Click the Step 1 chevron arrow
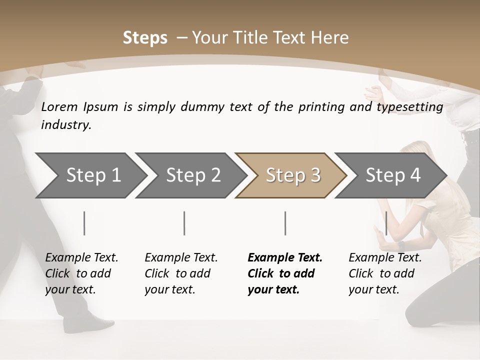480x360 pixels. (93, 175)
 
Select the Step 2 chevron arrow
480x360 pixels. (193, 175)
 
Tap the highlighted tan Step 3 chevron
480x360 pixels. (293, 175)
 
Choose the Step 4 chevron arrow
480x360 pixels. (393, 175)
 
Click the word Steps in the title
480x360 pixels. (145, 38)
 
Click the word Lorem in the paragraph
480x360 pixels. (60, 106)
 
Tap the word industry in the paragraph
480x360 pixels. (66, 125)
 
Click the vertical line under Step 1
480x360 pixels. (84, 223)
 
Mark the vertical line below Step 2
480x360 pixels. (184, 223)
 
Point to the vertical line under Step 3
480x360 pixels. (285, 223)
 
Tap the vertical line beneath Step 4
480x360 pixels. (386, 223)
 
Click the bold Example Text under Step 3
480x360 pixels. (285, 258)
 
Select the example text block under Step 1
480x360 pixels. (81, 273)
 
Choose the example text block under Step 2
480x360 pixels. (181, 273)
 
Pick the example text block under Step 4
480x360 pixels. (385, 273)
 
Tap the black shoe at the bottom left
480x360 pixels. (82, 325)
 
